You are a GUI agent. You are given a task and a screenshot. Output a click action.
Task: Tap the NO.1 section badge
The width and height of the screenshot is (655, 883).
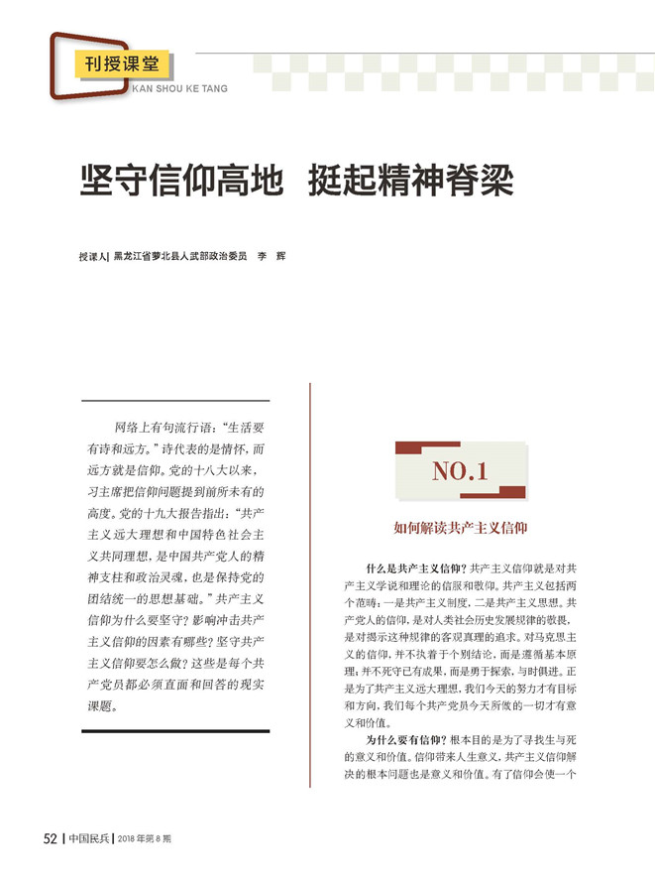[460, 472]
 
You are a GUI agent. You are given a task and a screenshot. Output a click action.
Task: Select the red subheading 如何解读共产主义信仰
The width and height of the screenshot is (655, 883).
[460, 529]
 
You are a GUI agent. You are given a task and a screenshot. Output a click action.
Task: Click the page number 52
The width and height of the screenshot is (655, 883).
[50, 837]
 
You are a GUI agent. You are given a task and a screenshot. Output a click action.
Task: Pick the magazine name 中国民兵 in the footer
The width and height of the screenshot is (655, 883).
[89, 837]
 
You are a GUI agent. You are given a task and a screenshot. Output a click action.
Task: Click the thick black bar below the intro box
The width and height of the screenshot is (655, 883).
[174, 731]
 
